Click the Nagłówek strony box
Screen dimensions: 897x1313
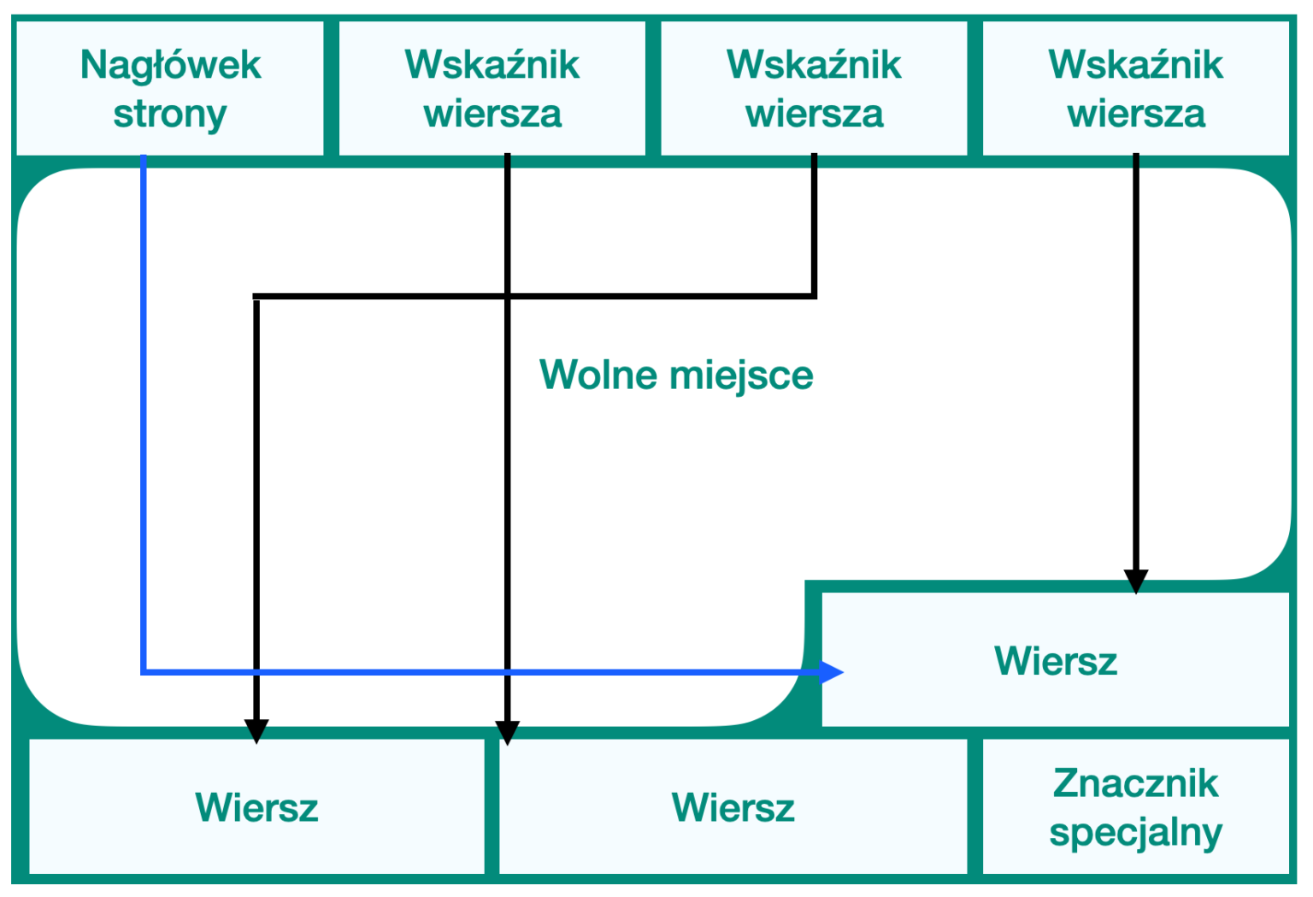170,88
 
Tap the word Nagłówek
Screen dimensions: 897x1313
170,65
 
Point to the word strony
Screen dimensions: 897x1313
170,114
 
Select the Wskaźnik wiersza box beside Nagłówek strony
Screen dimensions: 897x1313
492,88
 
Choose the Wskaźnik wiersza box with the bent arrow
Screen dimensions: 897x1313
814,88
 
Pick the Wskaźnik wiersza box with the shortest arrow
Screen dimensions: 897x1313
1136,88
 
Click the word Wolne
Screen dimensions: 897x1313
598,375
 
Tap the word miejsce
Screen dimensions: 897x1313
741,376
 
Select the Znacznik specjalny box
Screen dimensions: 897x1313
1136,806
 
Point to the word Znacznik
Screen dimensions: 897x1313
1136,783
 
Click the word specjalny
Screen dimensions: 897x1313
1136,832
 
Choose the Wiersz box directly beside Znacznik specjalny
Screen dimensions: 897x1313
733,806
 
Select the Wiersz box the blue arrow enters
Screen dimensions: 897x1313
1056,660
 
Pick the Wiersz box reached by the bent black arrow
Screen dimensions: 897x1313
256,806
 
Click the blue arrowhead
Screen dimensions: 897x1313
831,672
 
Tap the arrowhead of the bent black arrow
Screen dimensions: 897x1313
256,731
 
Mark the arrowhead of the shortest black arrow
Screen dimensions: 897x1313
1136,581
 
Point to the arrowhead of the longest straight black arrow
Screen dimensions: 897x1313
508,733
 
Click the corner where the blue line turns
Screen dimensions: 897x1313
144,672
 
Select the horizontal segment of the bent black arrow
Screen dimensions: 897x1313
534,297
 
